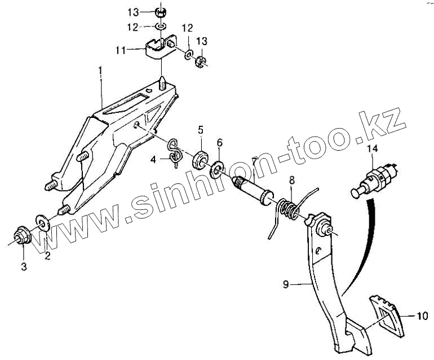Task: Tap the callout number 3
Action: (x=24, y=267)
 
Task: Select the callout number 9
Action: (x=286, y=285)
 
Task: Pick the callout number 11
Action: (x=120, y=50)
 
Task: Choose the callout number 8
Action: (x=291, y=181)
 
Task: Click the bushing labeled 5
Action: (x=200, y=159)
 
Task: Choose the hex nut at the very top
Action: (x=160, y=11)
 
